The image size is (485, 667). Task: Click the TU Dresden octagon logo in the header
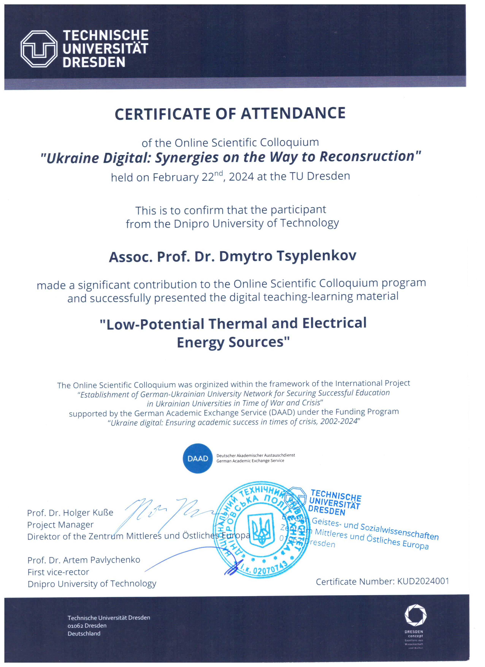39,49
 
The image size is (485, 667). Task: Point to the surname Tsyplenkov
316,256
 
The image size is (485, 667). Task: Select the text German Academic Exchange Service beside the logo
250,461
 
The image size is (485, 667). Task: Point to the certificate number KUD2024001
423,581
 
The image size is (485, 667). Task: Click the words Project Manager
60,525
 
